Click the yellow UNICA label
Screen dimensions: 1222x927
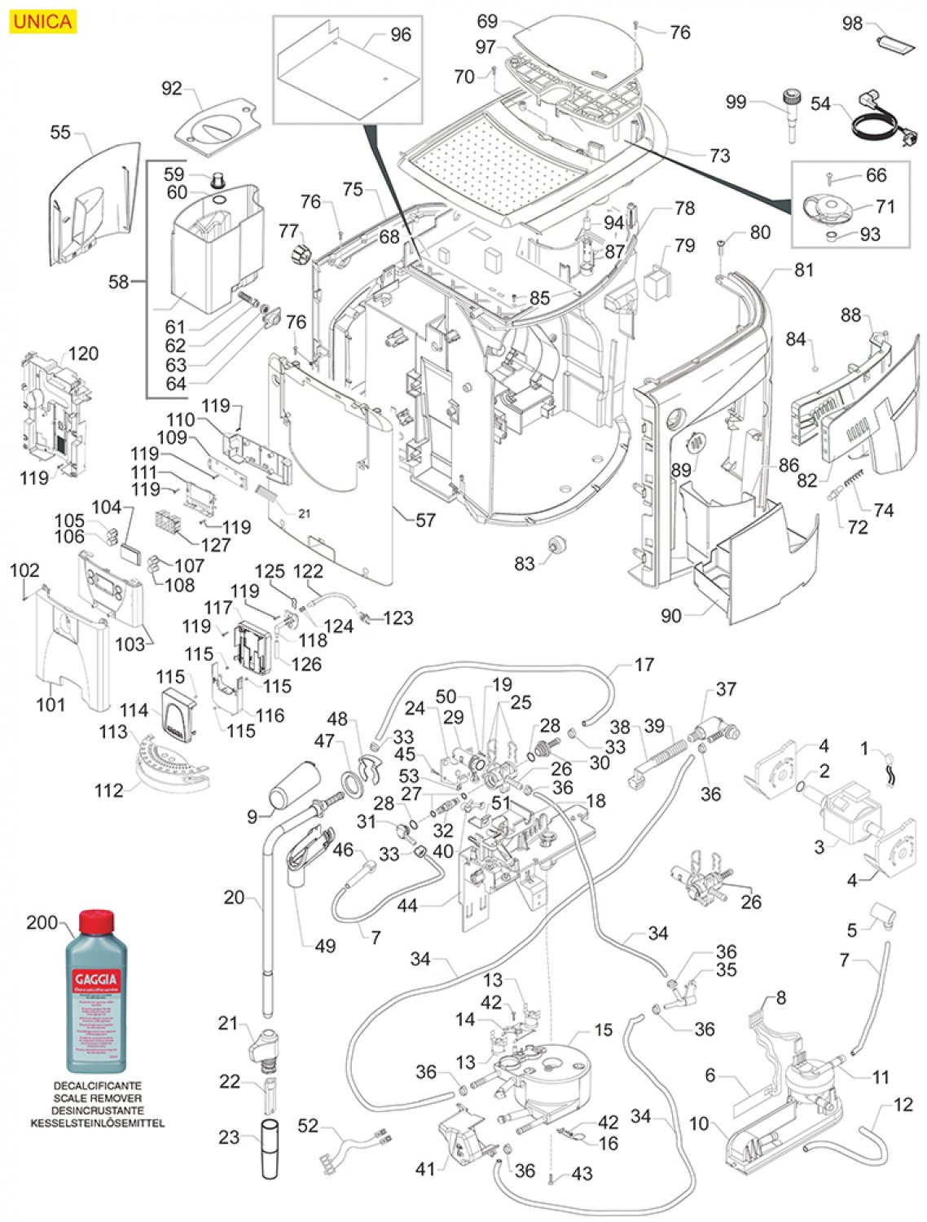click(x=42, y=21)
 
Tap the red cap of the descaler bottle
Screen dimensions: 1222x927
click(x=97, y=921)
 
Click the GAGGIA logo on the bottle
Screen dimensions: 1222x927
click(x=96, y=978)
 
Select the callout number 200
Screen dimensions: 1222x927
click(x=42, y=922)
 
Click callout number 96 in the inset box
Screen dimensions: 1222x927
click(x=401, y=34)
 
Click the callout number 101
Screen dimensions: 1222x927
click(x=51, y=703)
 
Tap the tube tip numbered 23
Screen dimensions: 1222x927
click(x=270, y=1149)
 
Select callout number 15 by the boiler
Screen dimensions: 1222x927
click(x=603, y=1030)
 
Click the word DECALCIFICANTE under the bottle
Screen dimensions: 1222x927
click(x=98, y=1086)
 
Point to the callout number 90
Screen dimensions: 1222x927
click(x=670, y=615)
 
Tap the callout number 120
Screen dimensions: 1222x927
click(x=83, y=354)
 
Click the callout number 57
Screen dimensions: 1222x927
click(x=425, y=520)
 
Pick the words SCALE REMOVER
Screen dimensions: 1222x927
click(x=98, y=1098)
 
